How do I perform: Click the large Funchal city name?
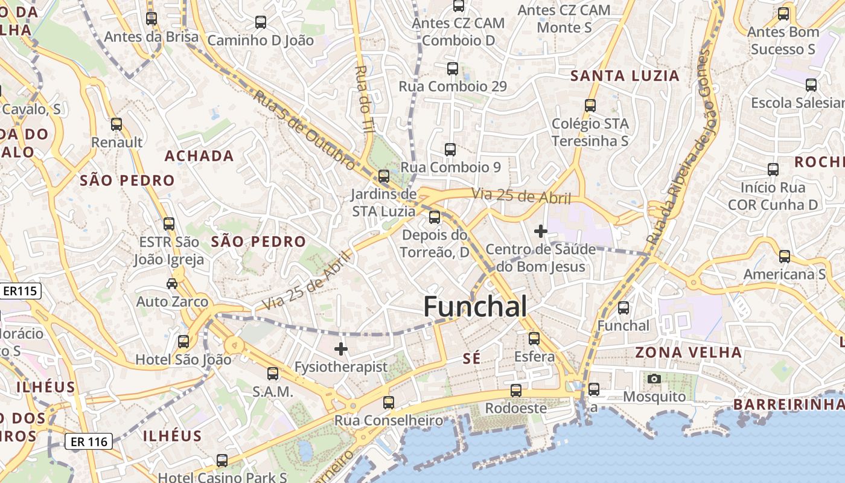coord(475,307)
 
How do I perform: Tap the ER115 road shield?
coord(20,291)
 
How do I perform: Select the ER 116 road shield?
coord(89,441)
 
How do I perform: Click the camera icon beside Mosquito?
coord(654,379)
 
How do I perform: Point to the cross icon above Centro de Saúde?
coord(541,231)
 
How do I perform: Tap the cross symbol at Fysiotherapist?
coord(341,348)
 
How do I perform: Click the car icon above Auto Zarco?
coord(172,283)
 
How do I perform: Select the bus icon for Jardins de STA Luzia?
coord(384,176)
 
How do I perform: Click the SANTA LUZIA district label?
coord(625,76)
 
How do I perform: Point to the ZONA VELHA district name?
coord(688,352)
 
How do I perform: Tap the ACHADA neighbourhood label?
coord(199,156)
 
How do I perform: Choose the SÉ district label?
coord(471,359)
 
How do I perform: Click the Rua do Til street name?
coord(365,100)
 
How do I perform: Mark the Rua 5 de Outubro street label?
coord(304,130)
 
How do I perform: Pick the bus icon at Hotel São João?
coord(183,342)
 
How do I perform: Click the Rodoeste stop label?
coord(516,408)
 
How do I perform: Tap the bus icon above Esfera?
coord(534,339)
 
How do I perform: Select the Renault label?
coord(117,142)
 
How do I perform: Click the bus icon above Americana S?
coord(785,257)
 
